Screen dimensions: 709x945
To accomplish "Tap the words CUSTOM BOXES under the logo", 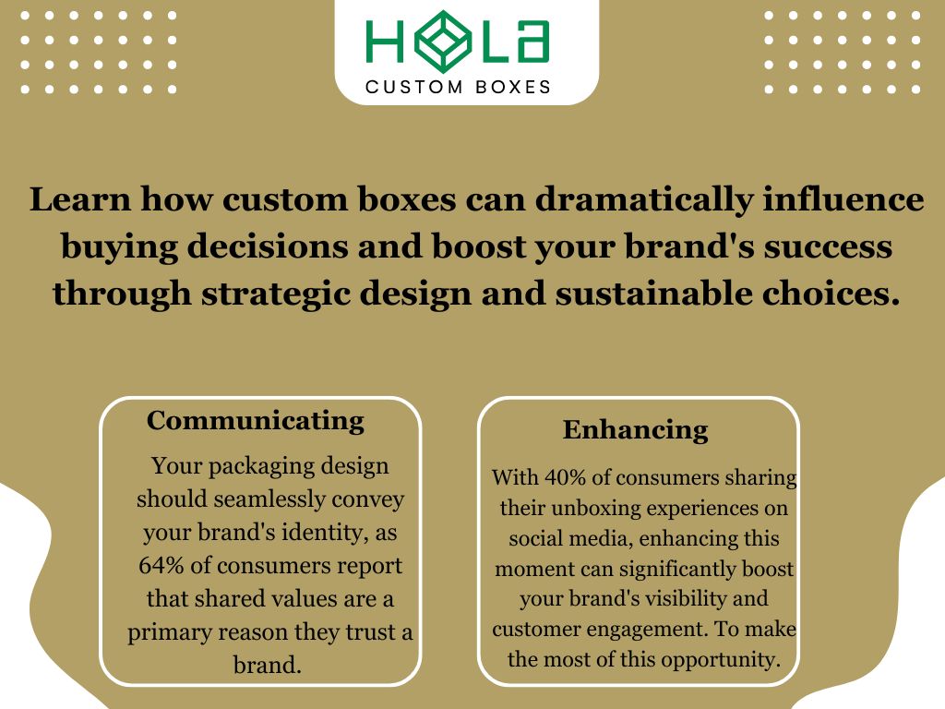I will [x=459, y=87].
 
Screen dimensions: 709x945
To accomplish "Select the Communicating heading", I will [x=256, y=421].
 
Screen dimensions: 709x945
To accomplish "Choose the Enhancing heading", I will [x=635, y=430].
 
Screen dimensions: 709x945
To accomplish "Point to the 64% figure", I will [x=161, y=565].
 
